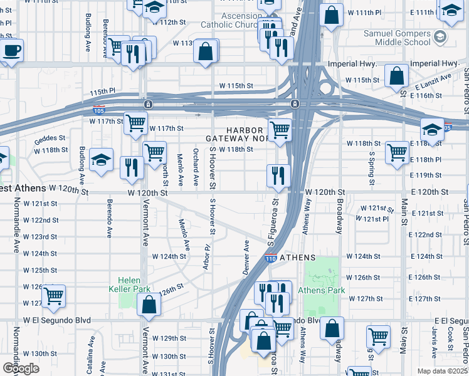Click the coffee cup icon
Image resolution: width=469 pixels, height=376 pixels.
coord(11,50)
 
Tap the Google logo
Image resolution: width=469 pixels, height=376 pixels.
coord(21,368)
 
